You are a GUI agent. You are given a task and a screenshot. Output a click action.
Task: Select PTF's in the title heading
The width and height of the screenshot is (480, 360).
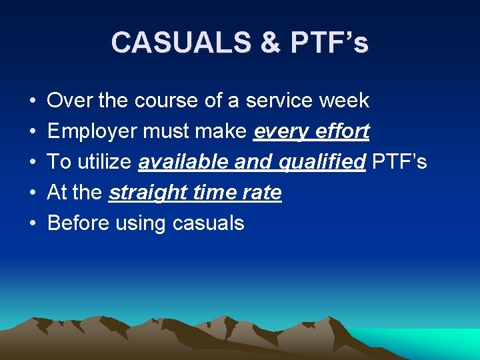coord(329,43)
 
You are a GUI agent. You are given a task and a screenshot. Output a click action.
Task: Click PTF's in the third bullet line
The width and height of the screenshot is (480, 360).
coord(399,163)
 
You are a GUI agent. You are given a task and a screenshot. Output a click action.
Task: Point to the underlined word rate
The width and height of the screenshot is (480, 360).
coord(263,193)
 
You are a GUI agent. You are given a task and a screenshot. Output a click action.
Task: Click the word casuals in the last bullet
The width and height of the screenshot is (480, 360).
coord(208,223)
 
